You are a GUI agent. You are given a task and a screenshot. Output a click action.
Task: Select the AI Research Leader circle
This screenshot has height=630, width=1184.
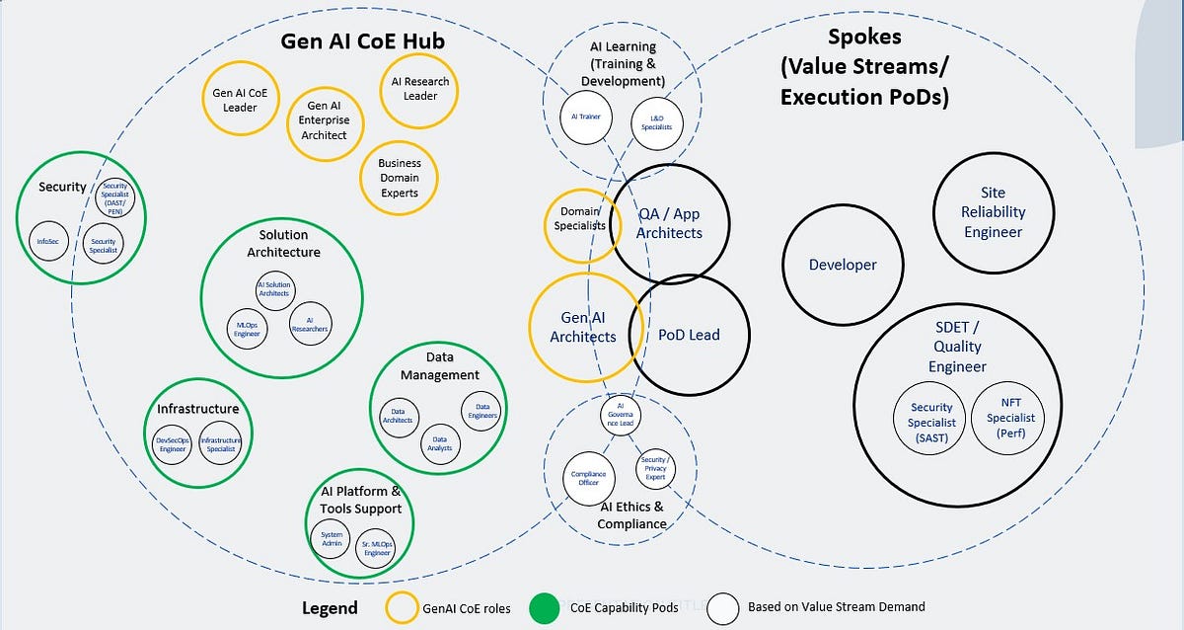pyautogui.click(x=420, y=89)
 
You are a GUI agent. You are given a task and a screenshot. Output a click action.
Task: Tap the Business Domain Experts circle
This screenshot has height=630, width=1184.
pyautogui.click(x=399, y=178)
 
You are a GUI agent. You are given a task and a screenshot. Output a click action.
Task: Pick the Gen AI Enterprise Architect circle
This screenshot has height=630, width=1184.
pyautogui.click(x=326, y=120)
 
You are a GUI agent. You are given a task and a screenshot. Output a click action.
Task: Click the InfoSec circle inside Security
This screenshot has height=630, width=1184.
pyautogui.click(x=48, y=240)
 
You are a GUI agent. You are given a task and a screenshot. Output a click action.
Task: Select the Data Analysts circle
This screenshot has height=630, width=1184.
pyautogui.click(x=440, y=443)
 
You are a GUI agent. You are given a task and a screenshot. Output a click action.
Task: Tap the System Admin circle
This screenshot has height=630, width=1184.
pyautogui.click(x=332, y=539)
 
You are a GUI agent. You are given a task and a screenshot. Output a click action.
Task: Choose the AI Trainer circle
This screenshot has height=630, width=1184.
pyautogui.click(x=586, y=117)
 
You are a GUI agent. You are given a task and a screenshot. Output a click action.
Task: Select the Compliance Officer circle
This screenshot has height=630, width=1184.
pyautogui.click(x=588, y=478)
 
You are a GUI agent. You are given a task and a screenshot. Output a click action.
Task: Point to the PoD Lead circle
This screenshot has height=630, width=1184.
pyautogui.click(x=689, y=335)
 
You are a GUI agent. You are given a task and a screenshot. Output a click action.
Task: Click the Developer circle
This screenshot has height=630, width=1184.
pyautogui.click(x=843, y=265)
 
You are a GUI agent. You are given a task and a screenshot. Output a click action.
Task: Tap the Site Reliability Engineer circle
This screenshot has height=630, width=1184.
pyautogui.click(x=993, y=213)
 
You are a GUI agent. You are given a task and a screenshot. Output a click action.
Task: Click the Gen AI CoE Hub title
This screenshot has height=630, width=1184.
pyautogui.click(x=363, y=40)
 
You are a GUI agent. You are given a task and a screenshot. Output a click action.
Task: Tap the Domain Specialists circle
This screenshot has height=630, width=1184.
pyautogui.click(x=581, y=219)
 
